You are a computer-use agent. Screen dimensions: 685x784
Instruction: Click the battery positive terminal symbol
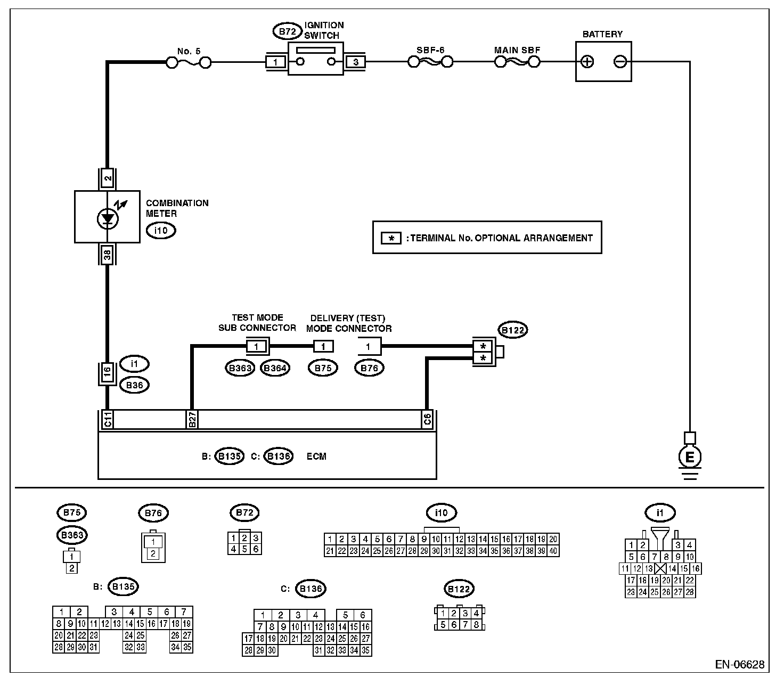[587, 62]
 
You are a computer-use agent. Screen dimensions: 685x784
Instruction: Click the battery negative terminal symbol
[620, 62]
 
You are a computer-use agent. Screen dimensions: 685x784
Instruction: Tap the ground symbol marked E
[690, 457]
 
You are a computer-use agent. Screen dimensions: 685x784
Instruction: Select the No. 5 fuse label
[189, 51]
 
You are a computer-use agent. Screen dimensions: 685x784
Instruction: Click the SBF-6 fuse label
[430, 50]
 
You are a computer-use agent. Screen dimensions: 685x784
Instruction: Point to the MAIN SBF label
[517, 50]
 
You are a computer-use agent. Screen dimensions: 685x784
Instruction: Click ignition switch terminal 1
[276, 62]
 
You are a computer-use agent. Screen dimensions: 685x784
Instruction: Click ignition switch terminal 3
[356, 62]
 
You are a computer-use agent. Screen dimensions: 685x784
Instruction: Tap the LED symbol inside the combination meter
[108, 218]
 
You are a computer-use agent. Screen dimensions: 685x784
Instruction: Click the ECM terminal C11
[108, 420]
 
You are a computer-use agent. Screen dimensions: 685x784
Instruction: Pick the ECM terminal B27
[192, 420]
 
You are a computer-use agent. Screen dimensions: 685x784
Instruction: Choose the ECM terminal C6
[427, 420]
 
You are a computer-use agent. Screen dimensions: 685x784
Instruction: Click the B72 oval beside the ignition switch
[288, 31]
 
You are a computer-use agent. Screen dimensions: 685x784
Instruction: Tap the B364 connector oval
[275, 368]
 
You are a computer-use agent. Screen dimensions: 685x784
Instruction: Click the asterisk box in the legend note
[391, 238]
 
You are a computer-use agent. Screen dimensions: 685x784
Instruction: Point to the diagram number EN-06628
[739, 664]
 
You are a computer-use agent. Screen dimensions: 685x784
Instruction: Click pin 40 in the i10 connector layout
[553, 551]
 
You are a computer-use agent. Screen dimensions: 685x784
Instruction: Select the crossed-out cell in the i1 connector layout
[661, 568]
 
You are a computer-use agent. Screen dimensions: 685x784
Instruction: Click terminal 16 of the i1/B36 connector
[108, 374]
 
